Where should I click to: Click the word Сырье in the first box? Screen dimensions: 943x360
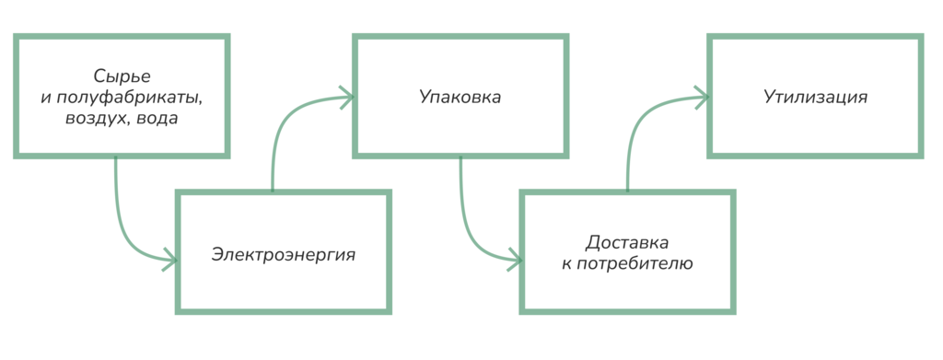pyautogui.click(x=122, y=75)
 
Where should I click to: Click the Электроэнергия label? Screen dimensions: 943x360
pyautogui.click(x=283, y=251)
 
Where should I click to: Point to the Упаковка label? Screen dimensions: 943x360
pyautogui.click(x=460, y=96)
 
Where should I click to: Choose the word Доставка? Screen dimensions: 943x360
pyautogui.click(x=627, y=243)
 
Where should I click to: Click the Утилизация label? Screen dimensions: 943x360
pyautogui.click(x=815, y=96)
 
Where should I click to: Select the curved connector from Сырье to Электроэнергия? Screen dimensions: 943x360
pyautogui.click(x=121, y=221)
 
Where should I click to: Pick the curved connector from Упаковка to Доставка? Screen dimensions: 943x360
pyautogui.click(x=465, y=221)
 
